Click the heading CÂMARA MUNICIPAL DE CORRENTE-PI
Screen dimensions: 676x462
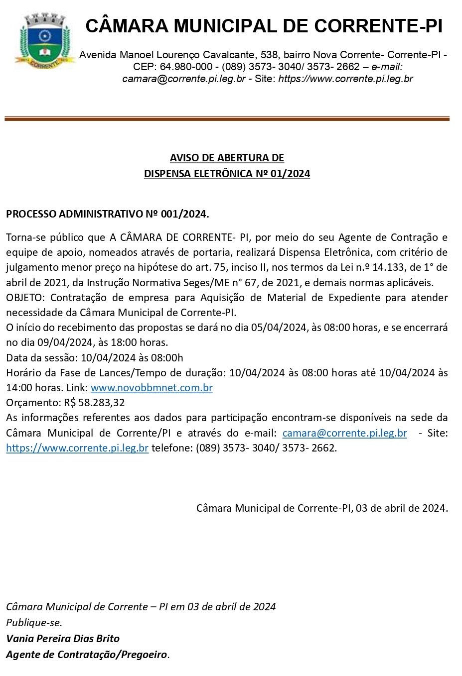point(264,26)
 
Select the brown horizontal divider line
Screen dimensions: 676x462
point(227,118)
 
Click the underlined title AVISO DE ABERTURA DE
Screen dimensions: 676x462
point(227,158)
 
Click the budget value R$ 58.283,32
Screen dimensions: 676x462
point(95,402)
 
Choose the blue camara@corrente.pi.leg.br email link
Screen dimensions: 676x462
point(344,433)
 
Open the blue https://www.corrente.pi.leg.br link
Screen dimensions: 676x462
point(77,448)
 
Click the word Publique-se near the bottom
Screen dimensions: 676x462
point(34,622)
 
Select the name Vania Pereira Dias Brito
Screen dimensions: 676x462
point(63,638)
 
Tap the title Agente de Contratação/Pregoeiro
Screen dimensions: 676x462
point(87,654)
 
